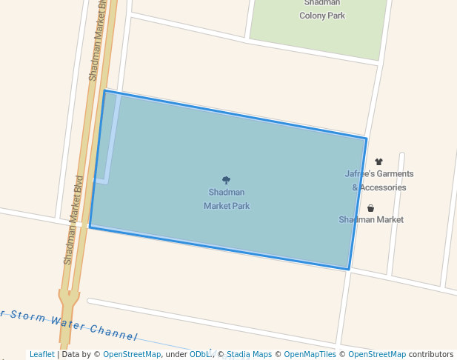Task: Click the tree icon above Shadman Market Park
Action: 226,180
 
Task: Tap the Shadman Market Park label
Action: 227,199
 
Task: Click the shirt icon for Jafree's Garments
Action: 378,161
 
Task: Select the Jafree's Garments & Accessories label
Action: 379,181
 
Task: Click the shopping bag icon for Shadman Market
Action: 370,208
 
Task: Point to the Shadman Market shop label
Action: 371,220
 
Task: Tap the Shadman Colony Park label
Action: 322,10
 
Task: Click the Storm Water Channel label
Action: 70,323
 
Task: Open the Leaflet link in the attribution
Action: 42,355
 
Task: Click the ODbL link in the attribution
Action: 201,355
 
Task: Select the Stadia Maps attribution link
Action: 249,355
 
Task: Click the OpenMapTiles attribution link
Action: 310,355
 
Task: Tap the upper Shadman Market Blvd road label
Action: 98,41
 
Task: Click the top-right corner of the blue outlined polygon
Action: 366,138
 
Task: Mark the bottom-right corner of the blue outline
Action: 349,269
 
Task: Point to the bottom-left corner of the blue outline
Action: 90,227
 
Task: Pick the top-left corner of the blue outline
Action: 104,91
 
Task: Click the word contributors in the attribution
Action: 431,355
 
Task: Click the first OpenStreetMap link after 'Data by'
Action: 132,355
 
